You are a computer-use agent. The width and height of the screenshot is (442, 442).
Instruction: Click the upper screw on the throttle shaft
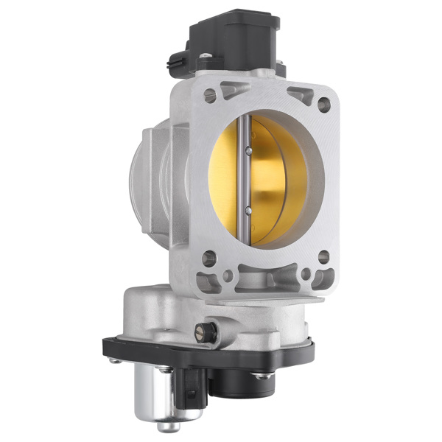(248, 152)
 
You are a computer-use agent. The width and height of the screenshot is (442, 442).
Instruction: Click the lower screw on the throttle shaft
(248, 210)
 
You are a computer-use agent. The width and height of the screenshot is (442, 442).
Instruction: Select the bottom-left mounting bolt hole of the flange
(209, 259)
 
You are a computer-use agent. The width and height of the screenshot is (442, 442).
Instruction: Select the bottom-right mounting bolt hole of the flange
(323, 257)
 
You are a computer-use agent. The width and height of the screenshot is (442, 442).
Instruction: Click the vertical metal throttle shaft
(248, 180)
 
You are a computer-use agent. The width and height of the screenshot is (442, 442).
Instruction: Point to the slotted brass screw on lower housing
(201, 331)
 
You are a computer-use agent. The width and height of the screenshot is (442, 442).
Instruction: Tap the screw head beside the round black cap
(261, 376)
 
